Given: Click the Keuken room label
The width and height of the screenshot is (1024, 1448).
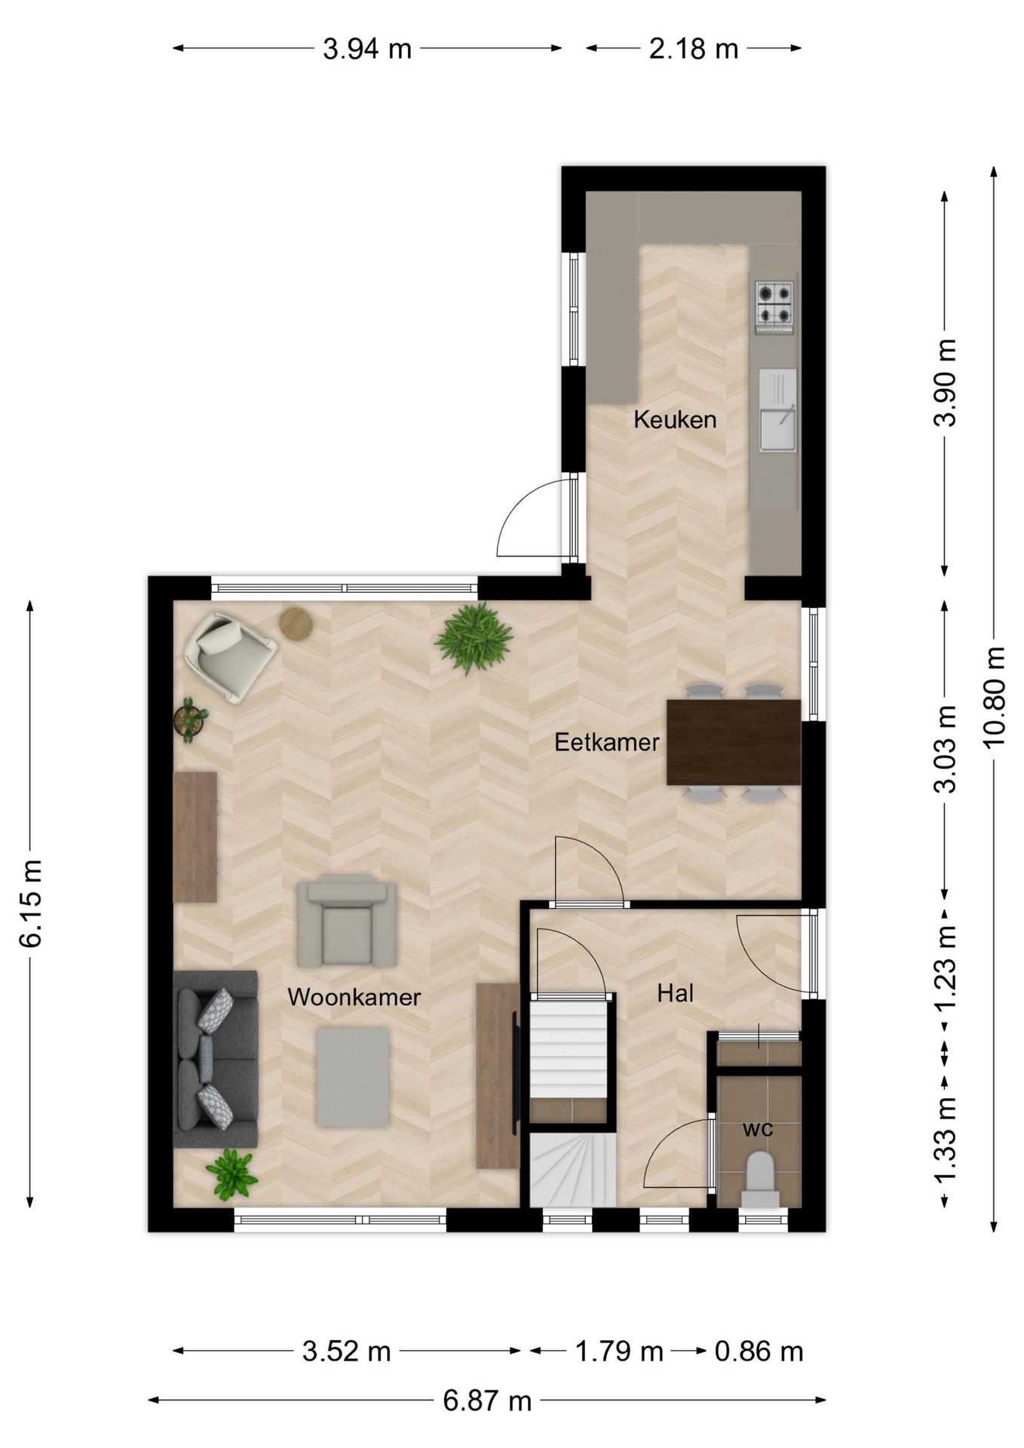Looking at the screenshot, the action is (x=675, y=419).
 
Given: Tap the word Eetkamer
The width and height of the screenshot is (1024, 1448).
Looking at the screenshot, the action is (x=607, y=742).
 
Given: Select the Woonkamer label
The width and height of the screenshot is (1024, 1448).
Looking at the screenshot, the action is (x=354, y=997).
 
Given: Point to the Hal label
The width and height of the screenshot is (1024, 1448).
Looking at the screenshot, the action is (x=675, y=993).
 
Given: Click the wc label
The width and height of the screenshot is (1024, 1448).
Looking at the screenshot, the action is (x=758, y=1129).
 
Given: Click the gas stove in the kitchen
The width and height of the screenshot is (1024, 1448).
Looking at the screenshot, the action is (x=774, y=307).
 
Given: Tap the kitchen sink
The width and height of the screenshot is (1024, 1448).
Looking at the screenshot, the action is (x=777, y=410).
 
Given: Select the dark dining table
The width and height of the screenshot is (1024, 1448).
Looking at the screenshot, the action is (x=734, y=742).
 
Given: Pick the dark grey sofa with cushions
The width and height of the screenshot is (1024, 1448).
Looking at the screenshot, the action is (x=216, y=1059).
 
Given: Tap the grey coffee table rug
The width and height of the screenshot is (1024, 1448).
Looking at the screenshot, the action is (x=353, y=1078).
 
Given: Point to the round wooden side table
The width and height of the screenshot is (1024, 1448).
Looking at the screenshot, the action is (x=296, y=624).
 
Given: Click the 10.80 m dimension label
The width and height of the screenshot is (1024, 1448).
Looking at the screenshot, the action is (x=995, y=696).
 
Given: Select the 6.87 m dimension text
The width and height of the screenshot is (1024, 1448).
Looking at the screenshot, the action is (x=487, y=1400).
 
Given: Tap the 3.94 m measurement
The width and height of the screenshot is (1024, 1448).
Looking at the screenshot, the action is (x=367, y=49).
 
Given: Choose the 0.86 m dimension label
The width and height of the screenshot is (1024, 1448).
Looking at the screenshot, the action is (x=759, y=1351).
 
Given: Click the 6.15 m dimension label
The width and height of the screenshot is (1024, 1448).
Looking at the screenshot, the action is (x=31, y=903).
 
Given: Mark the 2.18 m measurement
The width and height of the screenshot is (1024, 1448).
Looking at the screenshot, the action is (x=694, y=49).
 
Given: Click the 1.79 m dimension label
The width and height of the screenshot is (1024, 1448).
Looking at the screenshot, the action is (x=619, y=1351).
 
